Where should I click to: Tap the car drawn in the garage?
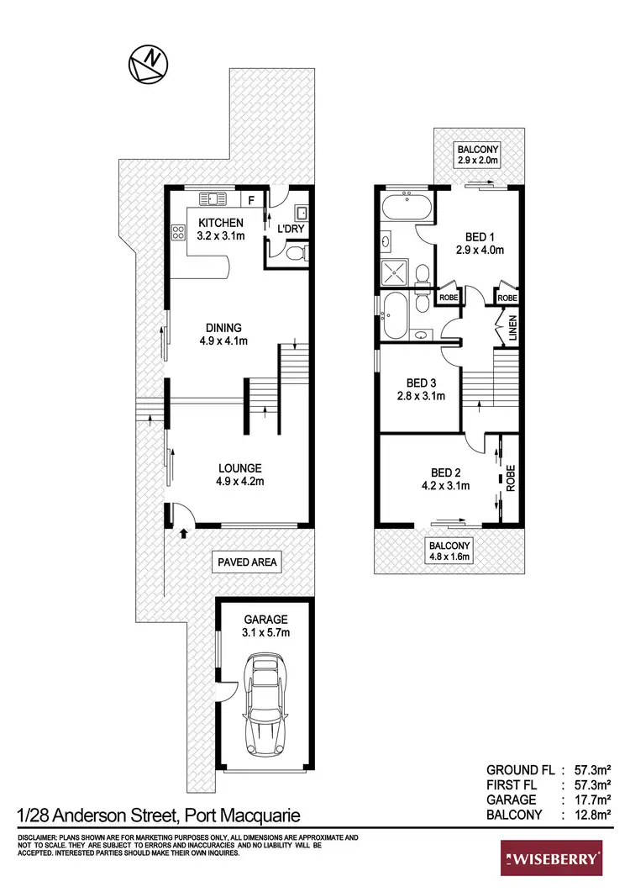pos(265,708)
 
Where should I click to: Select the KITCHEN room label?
pos(221,229)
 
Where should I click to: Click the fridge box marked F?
pos(250,199)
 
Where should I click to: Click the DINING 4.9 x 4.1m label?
pos(221,334)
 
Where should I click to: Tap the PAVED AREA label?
pos(246,562)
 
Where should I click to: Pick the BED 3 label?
pos(420,388)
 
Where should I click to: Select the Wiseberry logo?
pos(552,858)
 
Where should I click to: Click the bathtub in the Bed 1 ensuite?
pos(405,204)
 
